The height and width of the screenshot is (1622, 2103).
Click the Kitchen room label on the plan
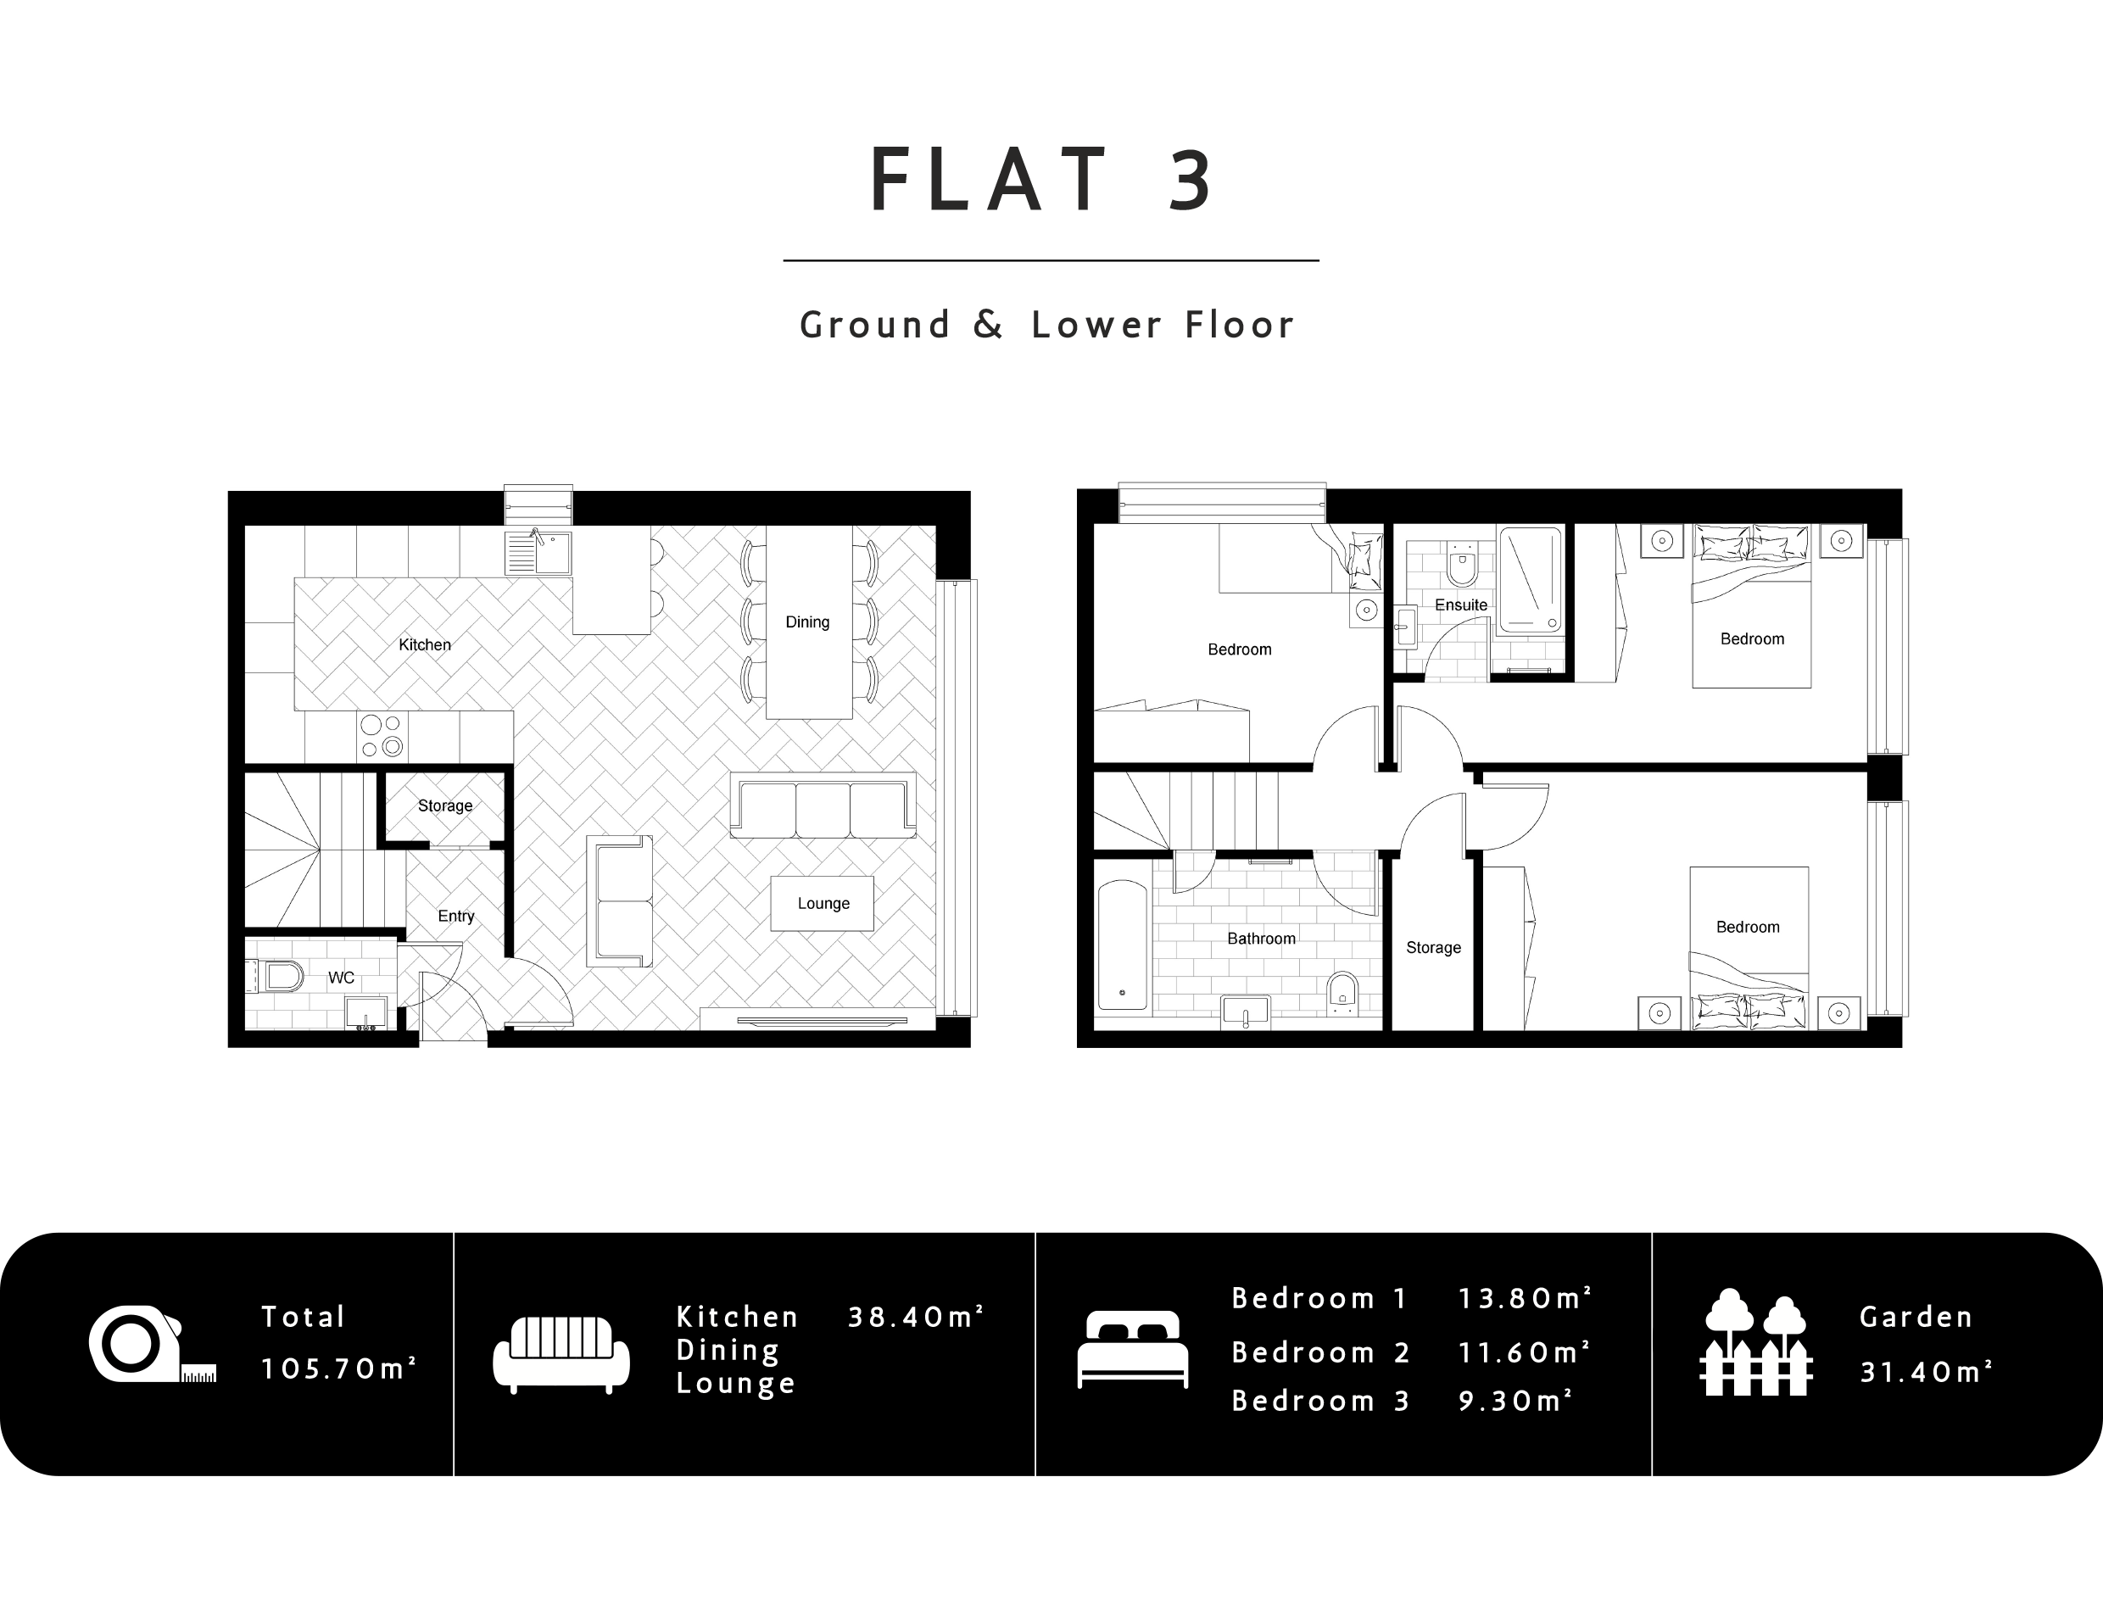[425, 645]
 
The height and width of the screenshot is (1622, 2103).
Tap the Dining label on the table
[807, 621]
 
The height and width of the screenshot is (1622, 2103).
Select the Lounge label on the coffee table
[823, 903]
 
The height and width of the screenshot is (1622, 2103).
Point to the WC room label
[341, 977]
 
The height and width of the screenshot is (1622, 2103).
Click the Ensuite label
[1461, 605]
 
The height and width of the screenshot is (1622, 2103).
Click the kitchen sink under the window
[538, 552]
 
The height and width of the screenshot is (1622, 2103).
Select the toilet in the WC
[280, 977]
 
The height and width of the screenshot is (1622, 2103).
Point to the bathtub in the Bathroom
[1123, 945]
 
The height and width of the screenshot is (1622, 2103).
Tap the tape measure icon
[152, 1344]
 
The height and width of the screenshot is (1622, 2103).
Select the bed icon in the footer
[1132, 1350]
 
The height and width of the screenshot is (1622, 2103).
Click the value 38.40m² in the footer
[916, 1317]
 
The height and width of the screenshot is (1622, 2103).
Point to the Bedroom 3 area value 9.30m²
[1515, 1401]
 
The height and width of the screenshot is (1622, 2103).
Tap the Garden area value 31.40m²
[1926, 1372]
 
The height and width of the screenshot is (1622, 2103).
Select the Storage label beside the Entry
[445, 805]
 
